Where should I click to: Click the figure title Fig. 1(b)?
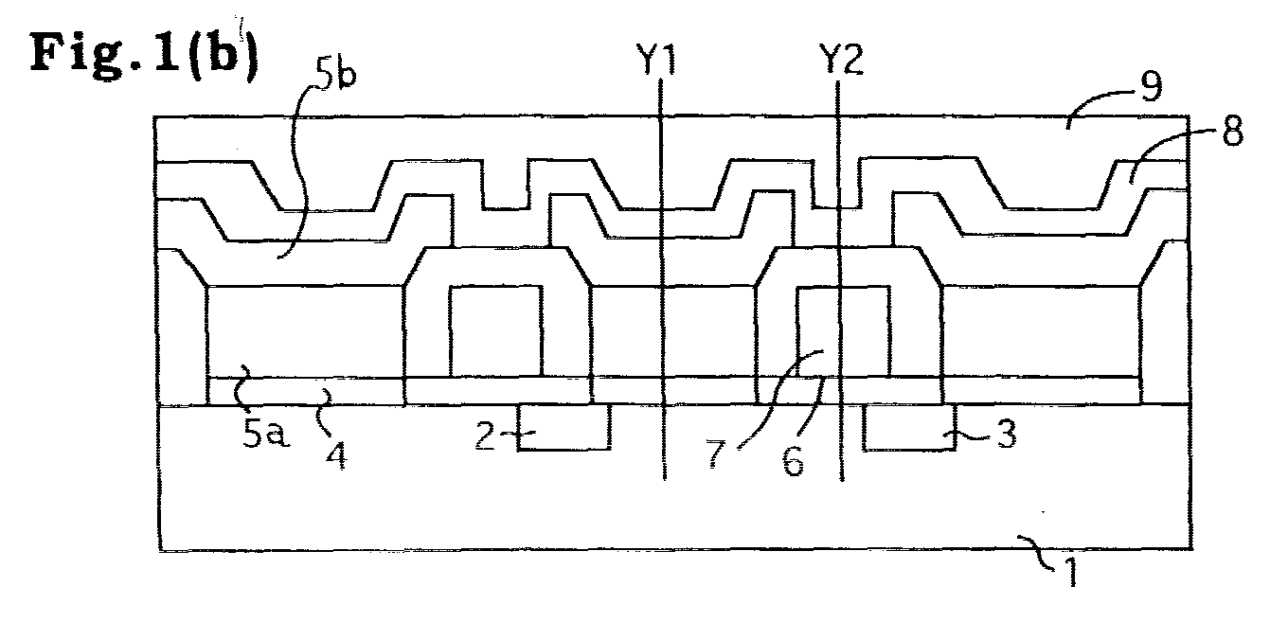pos(144,56)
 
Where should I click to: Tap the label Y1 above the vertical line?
pos(656,60)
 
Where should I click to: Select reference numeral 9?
pos(1151,86)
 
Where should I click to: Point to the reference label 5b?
pos(336,73)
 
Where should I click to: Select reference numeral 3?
pos(1006,434)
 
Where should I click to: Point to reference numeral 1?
pos(1070,572)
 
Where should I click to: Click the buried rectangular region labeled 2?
pos(564,427)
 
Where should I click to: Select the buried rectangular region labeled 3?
pos(909,427)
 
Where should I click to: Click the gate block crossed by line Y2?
pos(844,331)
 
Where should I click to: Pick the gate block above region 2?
pos(495,331)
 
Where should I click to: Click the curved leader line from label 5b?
pos(300,167)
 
